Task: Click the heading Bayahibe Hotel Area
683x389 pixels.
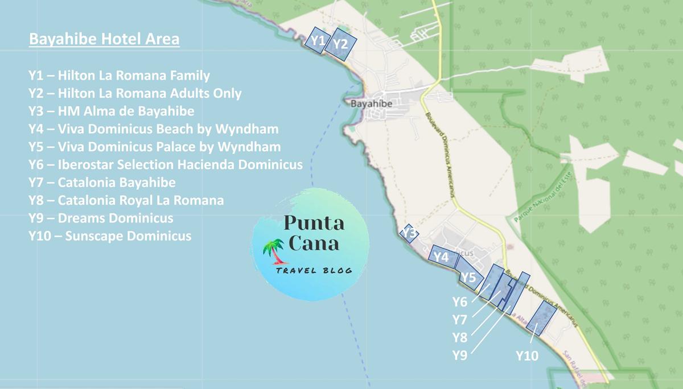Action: click(x=104, y=39)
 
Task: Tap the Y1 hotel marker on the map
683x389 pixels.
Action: click(x=318, y=40)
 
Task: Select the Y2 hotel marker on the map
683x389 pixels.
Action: click(x=343, y=44)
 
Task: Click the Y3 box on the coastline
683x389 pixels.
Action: click(x=409, y=233)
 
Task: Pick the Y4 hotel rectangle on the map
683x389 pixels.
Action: click(x=443, y=257)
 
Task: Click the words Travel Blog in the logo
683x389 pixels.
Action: click(x=314, y=271)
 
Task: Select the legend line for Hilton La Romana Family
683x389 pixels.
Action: click(x=119, y=75)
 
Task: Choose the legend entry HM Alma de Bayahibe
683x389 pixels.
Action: click(x=111, y=111)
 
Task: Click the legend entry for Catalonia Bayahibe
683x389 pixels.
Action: click(x=102, y=183)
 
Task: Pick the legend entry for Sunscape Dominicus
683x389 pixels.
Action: click(x=109, y=236)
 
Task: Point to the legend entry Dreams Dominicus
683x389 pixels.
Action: click(x=101, y=218)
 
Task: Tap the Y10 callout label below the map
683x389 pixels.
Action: click(x=526, y=356)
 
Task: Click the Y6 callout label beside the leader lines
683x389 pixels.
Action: click(x=459, y=302)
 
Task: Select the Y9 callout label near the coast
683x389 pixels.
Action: click(x=459, y=355)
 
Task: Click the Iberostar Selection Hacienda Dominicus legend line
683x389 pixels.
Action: click(x=165, y=165)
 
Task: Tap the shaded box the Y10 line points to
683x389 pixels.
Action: click(x=541, y=317)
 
